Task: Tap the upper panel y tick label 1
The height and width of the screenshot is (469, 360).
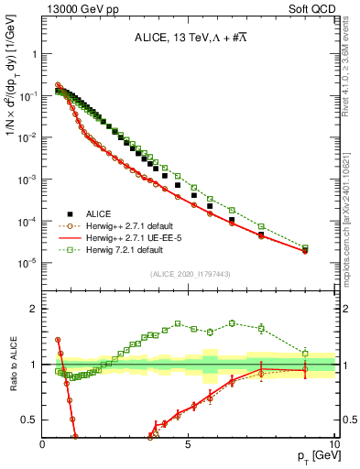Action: point(34,54)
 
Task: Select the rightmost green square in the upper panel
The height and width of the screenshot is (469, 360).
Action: point(305,248)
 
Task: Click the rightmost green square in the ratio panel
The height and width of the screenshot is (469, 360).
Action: point(305,354)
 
